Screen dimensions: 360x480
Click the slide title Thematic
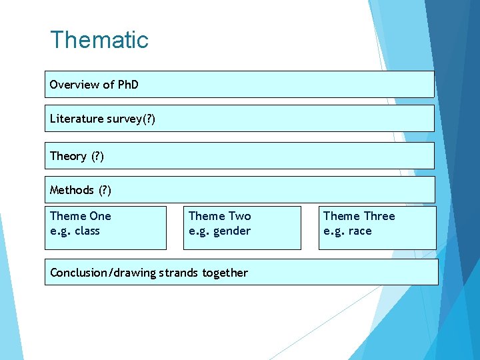[99, 40]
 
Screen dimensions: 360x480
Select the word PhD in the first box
[128, 85]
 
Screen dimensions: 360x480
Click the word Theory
[68, 156]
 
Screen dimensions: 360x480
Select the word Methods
[72, 190]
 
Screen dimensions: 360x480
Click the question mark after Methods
[105, 190]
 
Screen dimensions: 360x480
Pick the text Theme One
[81, 216]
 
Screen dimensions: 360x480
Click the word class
[87, 231]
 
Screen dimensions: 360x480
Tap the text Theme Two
[220, 216]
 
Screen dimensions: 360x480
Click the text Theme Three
[359, 216]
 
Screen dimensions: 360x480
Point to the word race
[359, 231]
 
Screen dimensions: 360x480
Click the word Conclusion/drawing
[102, 273]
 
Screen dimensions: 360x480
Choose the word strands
[181, 273]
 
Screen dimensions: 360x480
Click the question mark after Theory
[97, 156]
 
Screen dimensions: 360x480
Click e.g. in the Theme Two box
[199, 231]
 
